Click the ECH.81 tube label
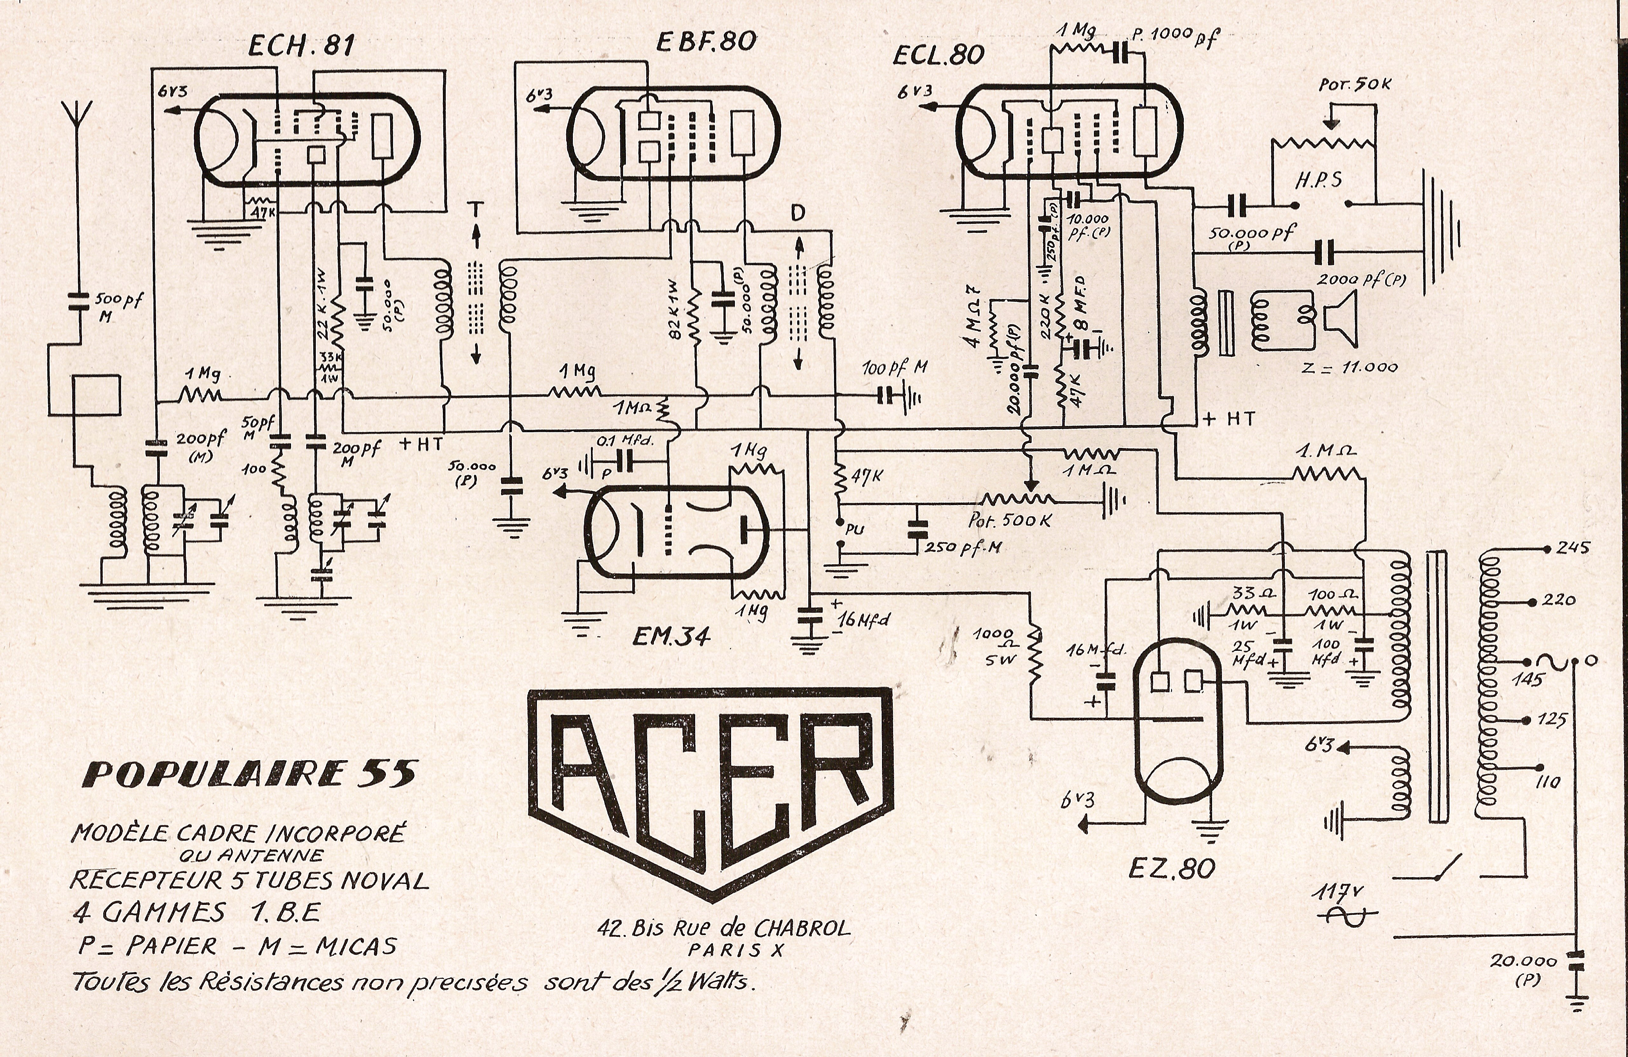pos(301,46)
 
